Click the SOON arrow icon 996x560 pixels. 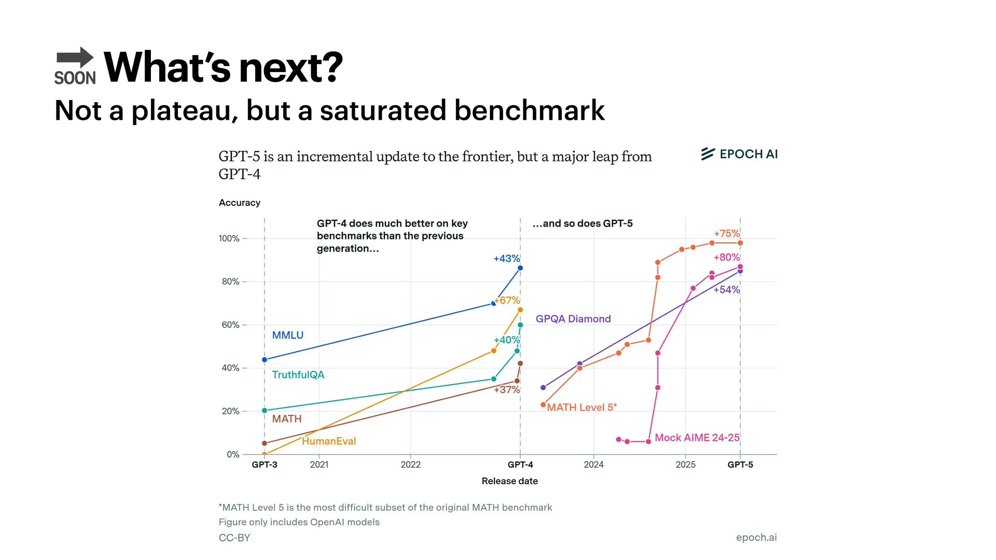tap(75, 65)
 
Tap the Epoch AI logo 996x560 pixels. tap(739, 154)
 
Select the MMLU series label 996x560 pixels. tap(287, 335)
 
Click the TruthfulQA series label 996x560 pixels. tap(298, 375)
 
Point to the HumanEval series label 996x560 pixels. tap(328, 441)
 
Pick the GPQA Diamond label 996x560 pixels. tap(573, 319)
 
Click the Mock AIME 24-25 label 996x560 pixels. tap(697, 438)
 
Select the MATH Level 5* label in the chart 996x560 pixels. tap(582, 408)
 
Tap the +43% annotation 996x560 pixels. tap(506, 258)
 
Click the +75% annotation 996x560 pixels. tap(726, 233)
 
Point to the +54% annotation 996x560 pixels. tap(726, 290)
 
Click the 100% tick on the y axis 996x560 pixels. tap(229, 239)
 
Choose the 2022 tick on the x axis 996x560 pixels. tap(410, 465)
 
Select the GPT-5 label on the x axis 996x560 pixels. tap(740, 465)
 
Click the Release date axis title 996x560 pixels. tap(509, 481)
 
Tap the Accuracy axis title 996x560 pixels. tap(239, 203)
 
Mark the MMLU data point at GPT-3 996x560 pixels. tap(265, 360)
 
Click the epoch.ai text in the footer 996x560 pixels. tap(756, 538)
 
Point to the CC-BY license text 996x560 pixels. tap(234, 538)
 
